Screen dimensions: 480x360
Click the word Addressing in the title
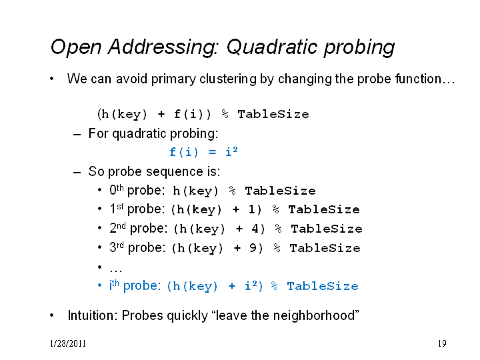point(163,48)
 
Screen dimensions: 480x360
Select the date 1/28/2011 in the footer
point(68,343)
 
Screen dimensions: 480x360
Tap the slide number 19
point(442,343)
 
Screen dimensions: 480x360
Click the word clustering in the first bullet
point(228,79)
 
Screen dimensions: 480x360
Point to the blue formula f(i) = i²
point(203,151)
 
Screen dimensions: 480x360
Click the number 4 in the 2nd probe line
point(255,229)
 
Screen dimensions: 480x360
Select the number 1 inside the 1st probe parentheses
point(251,210)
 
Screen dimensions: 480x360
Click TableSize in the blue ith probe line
point(323,286)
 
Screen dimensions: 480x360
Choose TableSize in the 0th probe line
point(280,191)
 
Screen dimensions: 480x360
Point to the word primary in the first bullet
point(173,79)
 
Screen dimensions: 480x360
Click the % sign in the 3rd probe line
point(277,247)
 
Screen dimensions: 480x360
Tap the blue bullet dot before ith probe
point(99,285)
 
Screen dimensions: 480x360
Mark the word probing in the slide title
point(359,48)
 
